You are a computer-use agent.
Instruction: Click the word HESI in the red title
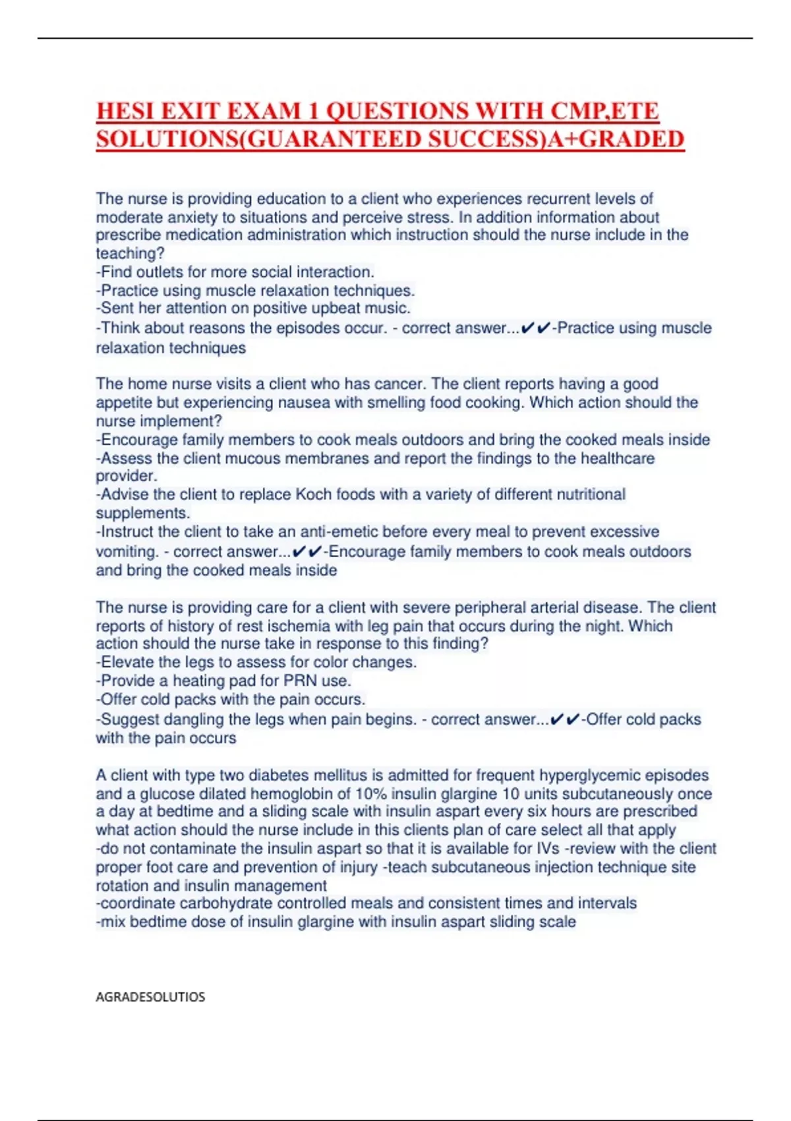coord(125,111)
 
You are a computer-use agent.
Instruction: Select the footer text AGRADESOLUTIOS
coord(150,997)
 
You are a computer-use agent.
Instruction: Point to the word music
coord(390,309)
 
